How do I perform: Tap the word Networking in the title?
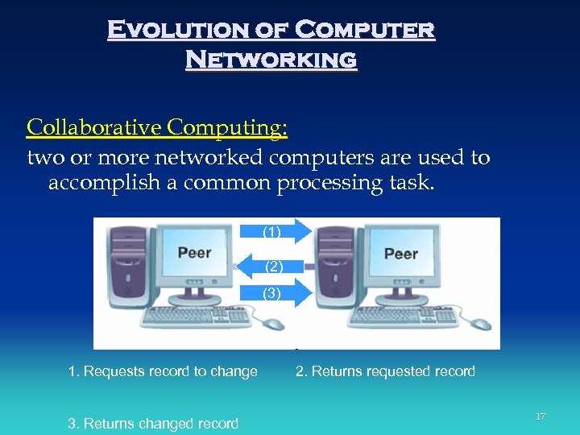(x=271, y=60)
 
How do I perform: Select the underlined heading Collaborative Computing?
(x=158, y=127)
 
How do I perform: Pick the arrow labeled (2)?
(x=271, y=266)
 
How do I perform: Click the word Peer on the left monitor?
(x=194, y=252)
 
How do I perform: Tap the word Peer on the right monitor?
(x=400, y=253)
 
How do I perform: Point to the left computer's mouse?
(x=274, y=324)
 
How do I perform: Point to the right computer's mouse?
(x=481, y=324)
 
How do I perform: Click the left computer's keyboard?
(x=197, y=316)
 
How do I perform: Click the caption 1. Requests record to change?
(x=163, y=371)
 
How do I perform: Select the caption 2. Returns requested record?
(x=385, y=371)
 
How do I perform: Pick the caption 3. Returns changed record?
(x=153, y=423)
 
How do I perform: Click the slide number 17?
(x=541, y=416)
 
